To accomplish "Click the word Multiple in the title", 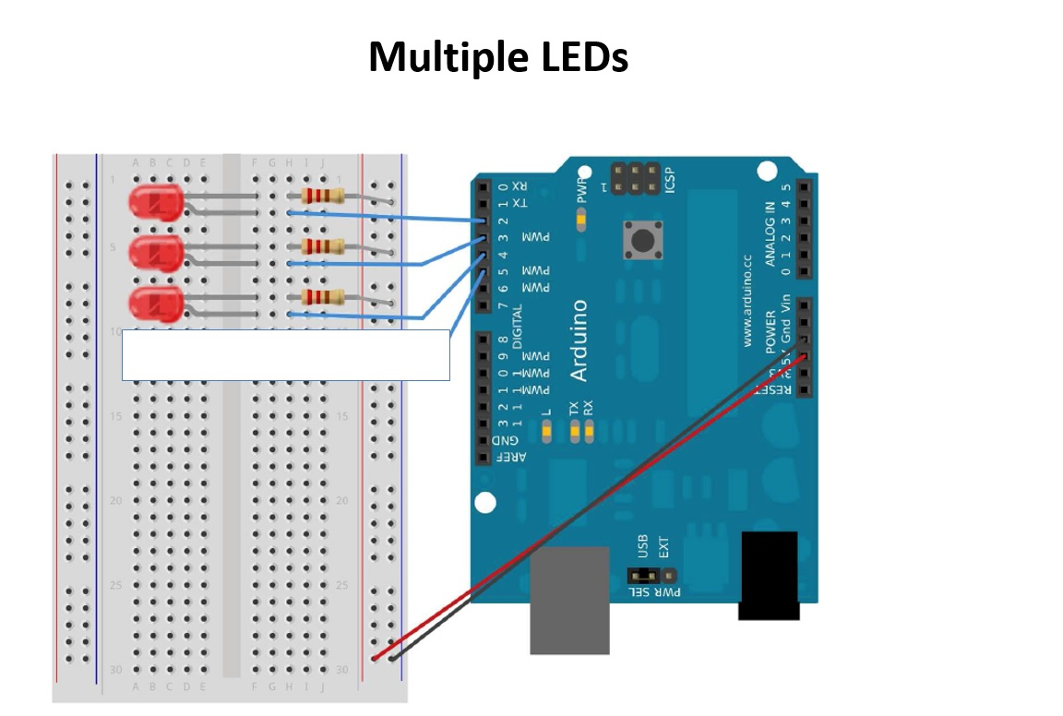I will [435, 57].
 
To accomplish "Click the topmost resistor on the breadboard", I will [323, 196].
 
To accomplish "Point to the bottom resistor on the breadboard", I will [323, 297].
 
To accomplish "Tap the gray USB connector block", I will [569, 600].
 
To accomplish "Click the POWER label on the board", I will [770, 331].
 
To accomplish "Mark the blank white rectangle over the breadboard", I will [286, 355].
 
